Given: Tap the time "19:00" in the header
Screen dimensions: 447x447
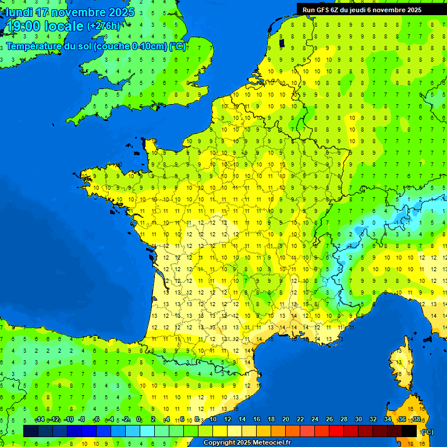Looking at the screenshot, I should pos(24,26).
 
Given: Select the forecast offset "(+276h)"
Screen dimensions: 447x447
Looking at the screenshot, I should pos(104,26).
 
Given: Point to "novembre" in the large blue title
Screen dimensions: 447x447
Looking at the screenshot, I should pos(74,12).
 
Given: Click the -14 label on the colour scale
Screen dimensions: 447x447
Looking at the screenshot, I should pos(40,420).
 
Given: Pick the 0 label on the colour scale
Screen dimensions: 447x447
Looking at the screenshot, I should pos(139,420).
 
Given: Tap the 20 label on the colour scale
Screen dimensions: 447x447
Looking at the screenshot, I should pos(285,420).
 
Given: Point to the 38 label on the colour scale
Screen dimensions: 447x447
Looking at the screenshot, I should pos(416,420).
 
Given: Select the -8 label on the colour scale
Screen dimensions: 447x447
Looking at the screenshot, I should pos(82,420).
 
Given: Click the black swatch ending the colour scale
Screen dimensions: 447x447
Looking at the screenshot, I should pos(409,431).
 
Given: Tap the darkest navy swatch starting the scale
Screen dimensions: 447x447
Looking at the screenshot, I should pos(31,431).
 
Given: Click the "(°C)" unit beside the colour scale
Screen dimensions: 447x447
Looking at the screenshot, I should pos(427,432).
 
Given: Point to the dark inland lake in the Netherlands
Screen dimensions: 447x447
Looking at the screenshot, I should pos(282,42).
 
